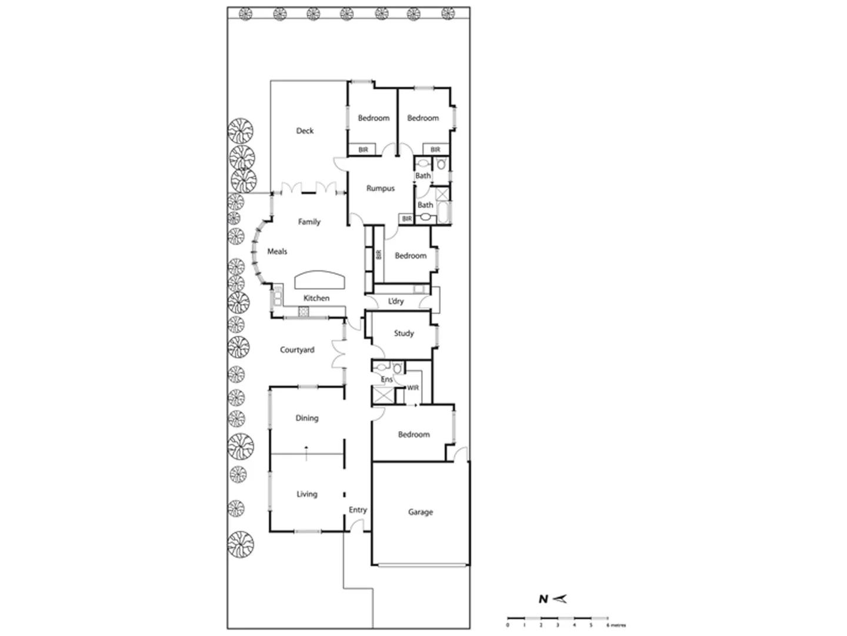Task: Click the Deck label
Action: point(305,131)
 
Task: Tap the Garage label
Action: point(420,512)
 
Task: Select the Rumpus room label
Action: point(380,188)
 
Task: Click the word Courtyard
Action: point(296,350)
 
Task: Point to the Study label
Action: point(404,333)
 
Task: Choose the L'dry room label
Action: point(396,302)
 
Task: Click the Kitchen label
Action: point(316,298)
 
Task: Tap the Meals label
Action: point(277,251)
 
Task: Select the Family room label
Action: point(309,222)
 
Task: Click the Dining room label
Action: point(306,418)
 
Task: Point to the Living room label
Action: point(306,494)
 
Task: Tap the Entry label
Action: point(358,510)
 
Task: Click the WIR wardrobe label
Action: point(413,388)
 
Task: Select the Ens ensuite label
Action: point(386,380)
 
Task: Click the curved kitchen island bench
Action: point(320,279)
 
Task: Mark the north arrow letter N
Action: point(543,599)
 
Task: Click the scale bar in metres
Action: point(558,618)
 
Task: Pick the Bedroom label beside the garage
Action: point(414,435)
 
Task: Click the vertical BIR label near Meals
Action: point(378,254)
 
